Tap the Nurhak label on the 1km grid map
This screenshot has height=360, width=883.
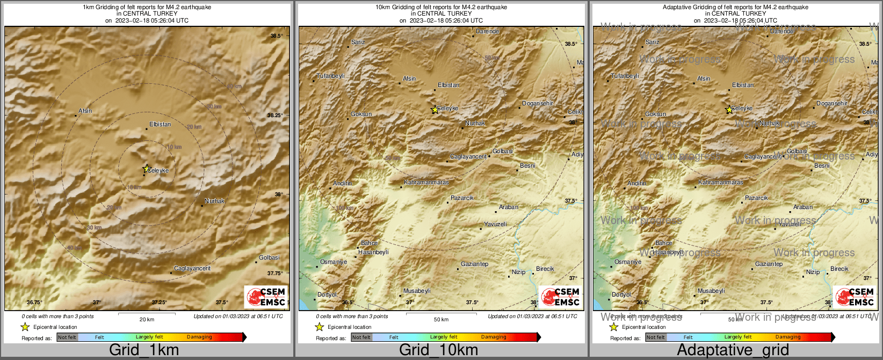click(x=214, y=201)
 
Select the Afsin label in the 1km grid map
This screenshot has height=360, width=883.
click(x=85, y=111)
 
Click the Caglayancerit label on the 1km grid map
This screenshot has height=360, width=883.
click(x=192, y=268)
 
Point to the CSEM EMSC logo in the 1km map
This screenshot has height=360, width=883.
click(x=266, y=297)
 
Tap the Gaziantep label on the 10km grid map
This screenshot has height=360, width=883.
click(x=475, y=264)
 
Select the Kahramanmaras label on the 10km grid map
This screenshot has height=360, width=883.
click(x=426, y=183)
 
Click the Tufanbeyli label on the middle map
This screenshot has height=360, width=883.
click(x=330, y=76)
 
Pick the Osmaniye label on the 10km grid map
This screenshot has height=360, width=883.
click(x=333, y=262)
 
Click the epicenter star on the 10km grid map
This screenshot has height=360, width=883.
click(x=435, y=110)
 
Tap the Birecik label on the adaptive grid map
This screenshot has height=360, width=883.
click(x=839, y=269)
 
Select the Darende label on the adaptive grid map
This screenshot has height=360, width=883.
click(x=781, y=31)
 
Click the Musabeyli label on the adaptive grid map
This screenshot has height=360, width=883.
click(x=711, y=291)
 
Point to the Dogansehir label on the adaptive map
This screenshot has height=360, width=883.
click(x=831, y=103)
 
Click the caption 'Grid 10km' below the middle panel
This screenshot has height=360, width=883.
click(x=438, y=350)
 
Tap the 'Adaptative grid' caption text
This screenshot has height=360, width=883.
click(x=733, y=350)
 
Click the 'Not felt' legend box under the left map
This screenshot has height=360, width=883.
click(x=67, y=337)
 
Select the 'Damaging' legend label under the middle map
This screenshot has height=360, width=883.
click(x=494, y=337)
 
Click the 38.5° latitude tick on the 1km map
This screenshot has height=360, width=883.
click(x=277, y=35)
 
